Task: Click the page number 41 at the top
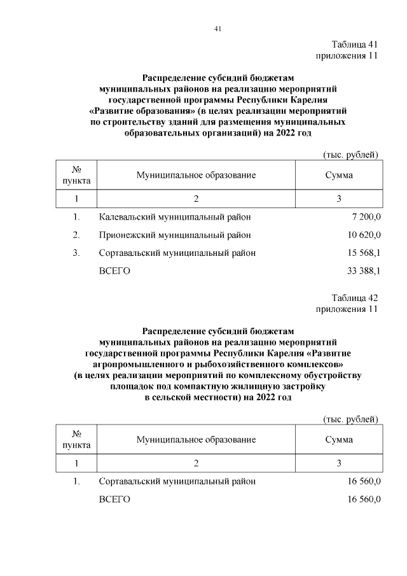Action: click(217, 29)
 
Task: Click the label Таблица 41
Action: click(355, 45)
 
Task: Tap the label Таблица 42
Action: click(355, 298)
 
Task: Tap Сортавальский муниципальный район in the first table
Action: click(177, 253)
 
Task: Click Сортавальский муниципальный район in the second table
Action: click(177, 482)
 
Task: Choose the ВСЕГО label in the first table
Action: click(114, 271)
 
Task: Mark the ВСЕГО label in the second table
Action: click(114, 500)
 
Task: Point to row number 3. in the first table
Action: click(76, 253)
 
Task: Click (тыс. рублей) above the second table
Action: click(350, 419)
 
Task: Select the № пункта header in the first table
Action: click(76, 175)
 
